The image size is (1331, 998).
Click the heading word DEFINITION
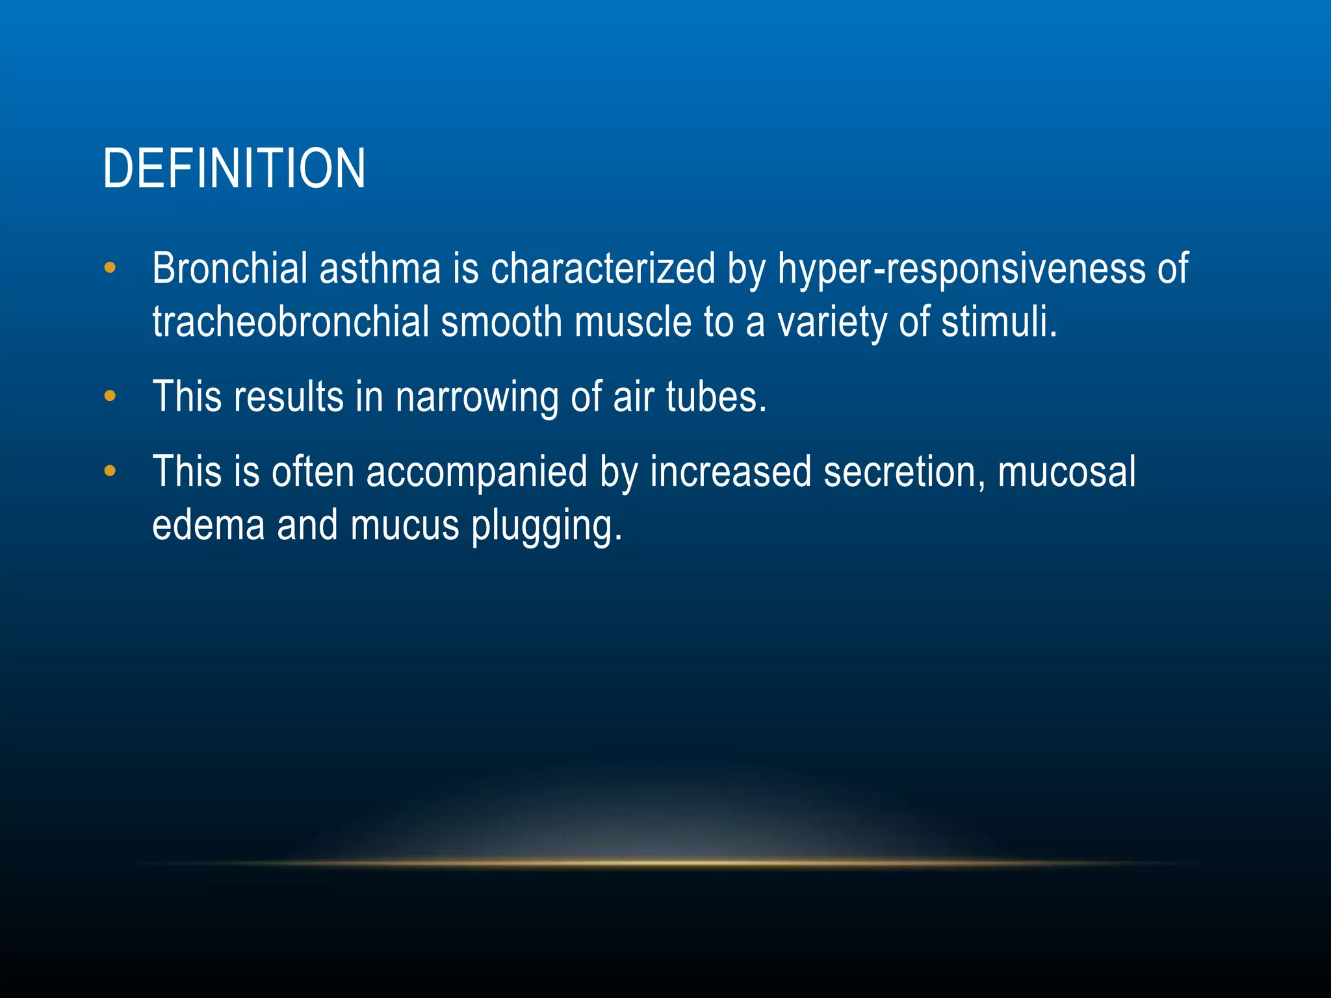tap(234, 168)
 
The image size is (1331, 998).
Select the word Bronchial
tap(229, 268)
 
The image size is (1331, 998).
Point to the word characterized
tap(602, 268)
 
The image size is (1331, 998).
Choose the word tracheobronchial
tap(291, 322)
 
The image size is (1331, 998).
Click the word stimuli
tap(999, 322)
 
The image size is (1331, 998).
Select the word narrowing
tap(476, 397)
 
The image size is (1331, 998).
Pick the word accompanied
tap(476, 472)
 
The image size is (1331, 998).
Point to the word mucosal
tap(1066, 472)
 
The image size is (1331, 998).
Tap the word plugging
tap(547, 526)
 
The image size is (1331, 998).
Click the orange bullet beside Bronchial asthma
tap(110, 268)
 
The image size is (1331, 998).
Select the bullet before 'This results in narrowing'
tap(110, 396)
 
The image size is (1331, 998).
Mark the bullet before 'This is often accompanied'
tap(110, 471)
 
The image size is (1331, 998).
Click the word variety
tap(832, 323)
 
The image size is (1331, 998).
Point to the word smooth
tap(501, 322)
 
